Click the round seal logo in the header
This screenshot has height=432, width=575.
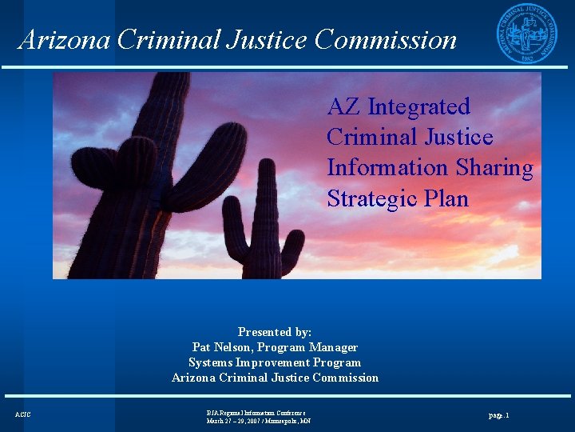click(x=528, y=33)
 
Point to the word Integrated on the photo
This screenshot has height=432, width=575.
click(x=418, y=107)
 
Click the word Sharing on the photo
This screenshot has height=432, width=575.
click(x=494, y=168)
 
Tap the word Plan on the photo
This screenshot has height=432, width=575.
click(x=443, y=198)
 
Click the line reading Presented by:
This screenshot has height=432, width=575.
click(x=275, y=332)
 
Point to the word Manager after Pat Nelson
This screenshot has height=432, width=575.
click(x=334, y=347)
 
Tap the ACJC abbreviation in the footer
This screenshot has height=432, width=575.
click(x=23, y=414)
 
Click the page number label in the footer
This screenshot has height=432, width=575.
click(x=498, y=415)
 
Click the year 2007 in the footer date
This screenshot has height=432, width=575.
click(x=252, y=421)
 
